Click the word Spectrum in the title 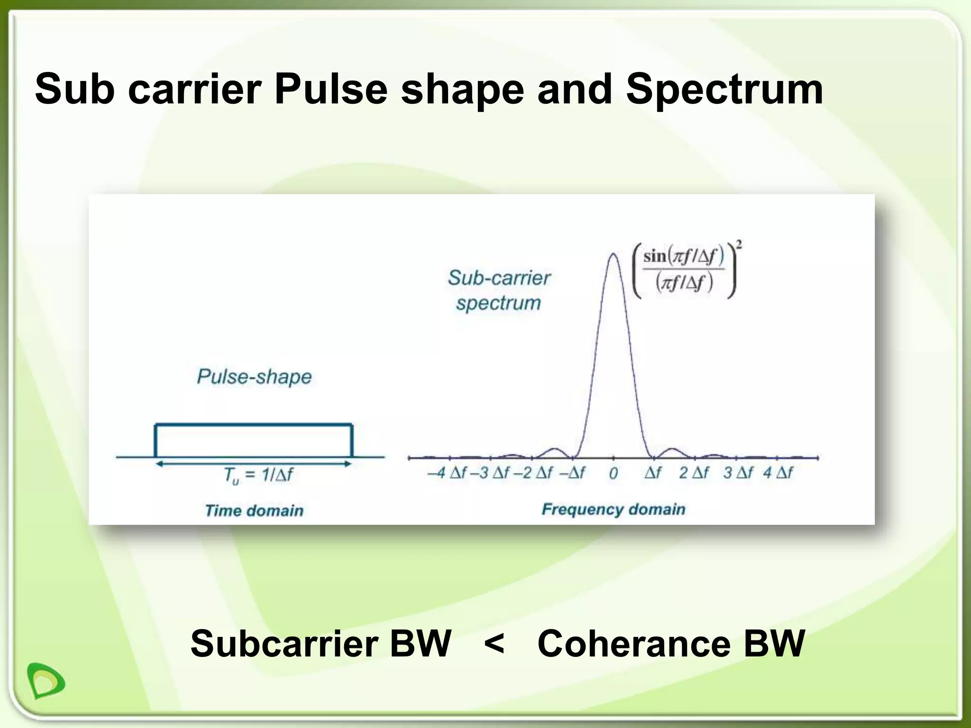pyautogui.click(x=724, y=90)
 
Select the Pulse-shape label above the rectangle pyautogui.click(x=254, y=377)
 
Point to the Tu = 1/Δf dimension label pyautogui.click(x=258, y=474)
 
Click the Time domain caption pyautogui.click(x=254, y=510)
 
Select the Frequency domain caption pyautogui.click(x=613, y=510)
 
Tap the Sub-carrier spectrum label pyautogui.click(x=499, y=290)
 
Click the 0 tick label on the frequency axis pyautogui.click(x=613, y=473)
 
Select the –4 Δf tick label pyautogui.click(x=447, y=473)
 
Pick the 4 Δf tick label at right pyautogui.click(x=778, y=473)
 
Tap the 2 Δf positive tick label pyautogui.click(x=694, y=473)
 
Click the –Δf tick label pyautogui.click(x=572, y=473)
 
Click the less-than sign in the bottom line pyautogui.click(x=495, y=644)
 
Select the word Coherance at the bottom pyautogui.click(x=634, y=644)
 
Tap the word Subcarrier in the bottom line pyautogui.click(x=284, y=644)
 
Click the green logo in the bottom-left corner pyautogui.click(x=46, y=680)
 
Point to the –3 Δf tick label pyautogui.click(x=490, y=473)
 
